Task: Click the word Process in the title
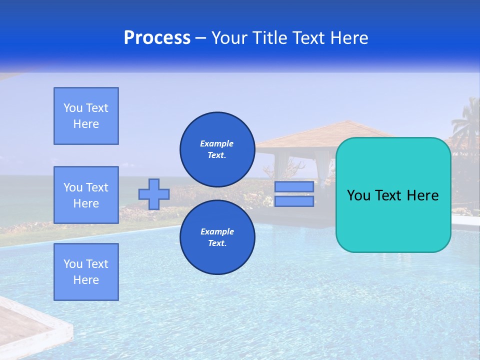157,38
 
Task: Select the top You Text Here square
86,116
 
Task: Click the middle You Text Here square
86,195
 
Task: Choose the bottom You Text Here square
86,272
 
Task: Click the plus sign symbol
154,194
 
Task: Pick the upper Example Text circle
217,149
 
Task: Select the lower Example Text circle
217,237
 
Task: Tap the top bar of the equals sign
294,186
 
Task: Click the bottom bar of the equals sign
294,201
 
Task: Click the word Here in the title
349,38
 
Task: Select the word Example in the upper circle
216,143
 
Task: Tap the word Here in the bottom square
86,280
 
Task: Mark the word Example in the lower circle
217,231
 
